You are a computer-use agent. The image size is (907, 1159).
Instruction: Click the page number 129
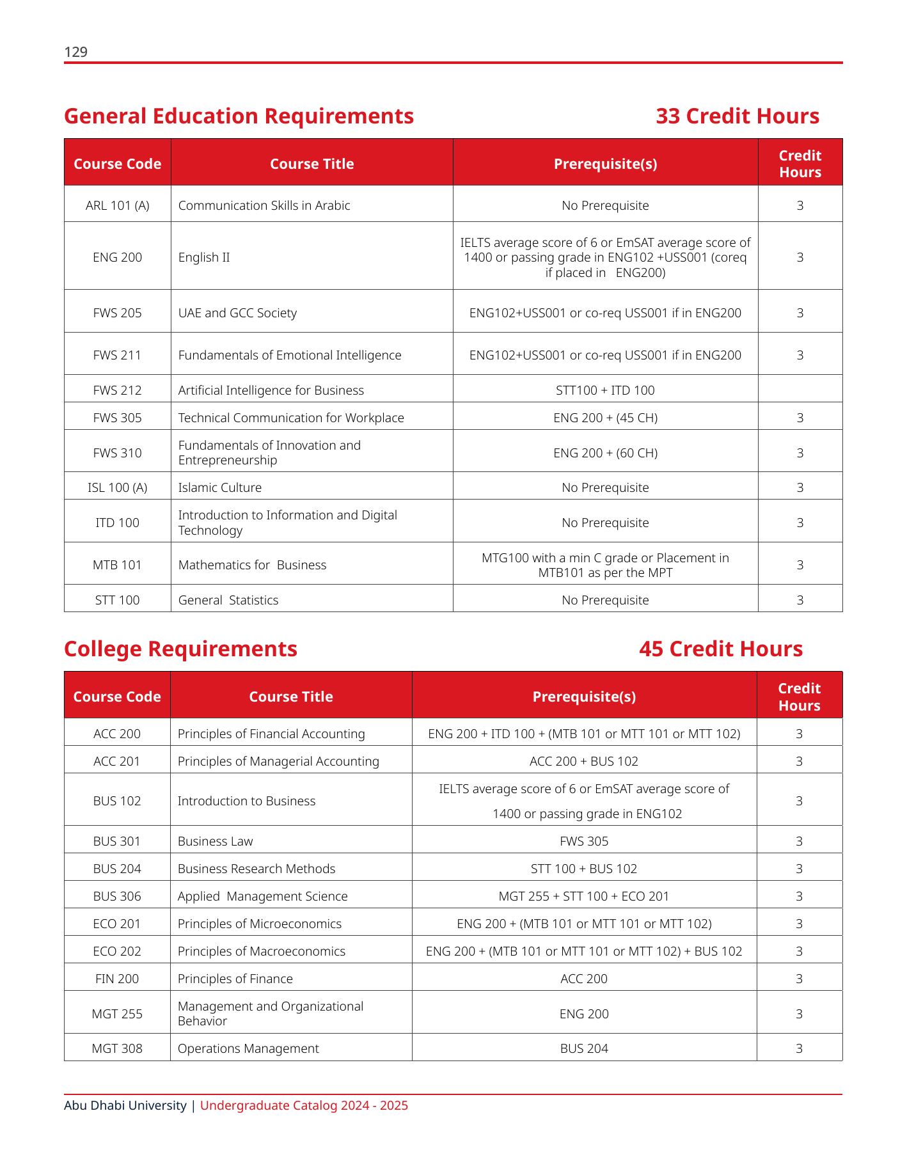pos(76,52)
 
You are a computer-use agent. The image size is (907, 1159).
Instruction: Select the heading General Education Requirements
pos(239,116)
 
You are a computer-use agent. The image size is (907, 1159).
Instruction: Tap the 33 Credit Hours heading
pos(737,116)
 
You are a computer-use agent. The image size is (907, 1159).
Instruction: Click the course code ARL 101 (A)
pos(118,205)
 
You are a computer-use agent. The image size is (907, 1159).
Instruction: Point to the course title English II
pos(204,258)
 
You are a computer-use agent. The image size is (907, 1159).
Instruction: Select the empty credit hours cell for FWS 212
pos(800,389)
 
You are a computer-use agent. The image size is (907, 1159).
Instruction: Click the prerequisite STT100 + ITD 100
pos(605,390)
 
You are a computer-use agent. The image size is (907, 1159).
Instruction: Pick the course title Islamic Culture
pos(220,487)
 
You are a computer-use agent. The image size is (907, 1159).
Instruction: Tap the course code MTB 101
pos(118,565)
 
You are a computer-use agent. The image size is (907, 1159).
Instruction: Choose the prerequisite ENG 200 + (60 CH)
pos(605,453)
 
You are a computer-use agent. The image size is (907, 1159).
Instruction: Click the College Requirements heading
pos(180,649)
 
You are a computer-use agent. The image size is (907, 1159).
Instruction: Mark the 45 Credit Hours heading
pos(721,649)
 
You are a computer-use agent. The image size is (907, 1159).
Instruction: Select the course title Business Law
pos(216,841)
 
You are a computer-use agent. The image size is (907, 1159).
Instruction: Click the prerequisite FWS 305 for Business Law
pos(584,841)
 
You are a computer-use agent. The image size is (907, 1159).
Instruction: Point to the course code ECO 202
pos(117,951)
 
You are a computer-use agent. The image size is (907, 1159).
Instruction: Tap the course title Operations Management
pos(248,1048)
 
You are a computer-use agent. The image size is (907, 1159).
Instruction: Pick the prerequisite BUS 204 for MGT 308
pos(584,1048)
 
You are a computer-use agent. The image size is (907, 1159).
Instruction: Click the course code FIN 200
pos(117,979)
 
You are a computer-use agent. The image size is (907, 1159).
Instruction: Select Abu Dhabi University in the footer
pos(125,1105)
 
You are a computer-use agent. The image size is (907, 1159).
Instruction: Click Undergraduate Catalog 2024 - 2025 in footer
pos(304,1105)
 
